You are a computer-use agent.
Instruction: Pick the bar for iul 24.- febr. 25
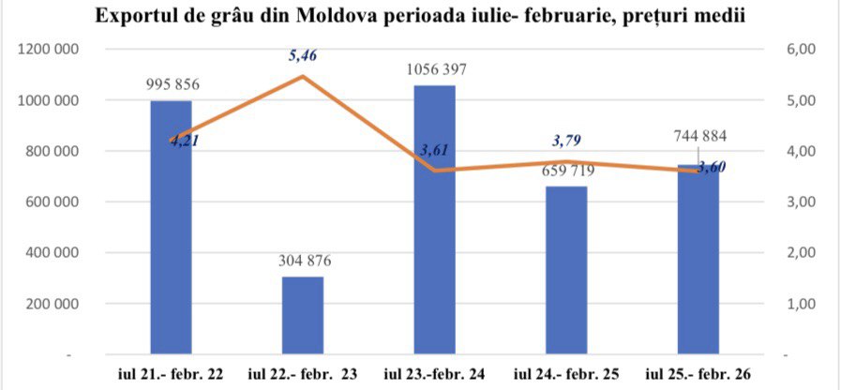point(567,272)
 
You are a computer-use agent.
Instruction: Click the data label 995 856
point(173,84)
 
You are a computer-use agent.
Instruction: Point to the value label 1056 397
point(435,69)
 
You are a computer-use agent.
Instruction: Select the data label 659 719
point(567,171)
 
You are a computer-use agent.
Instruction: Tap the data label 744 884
point(699,136)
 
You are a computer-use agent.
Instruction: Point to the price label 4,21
point(185,142)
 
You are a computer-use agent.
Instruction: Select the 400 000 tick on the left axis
point(52,253)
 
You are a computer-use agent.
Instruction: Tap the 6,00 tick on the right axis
point(803,50)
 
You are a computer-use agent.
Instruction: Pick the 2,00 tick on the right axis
point(803,253)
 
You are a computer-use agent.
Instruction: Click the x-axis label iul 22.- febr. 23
point(303,374)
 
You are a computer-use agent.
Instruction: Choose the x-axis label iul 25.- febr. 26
point(699,374)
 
